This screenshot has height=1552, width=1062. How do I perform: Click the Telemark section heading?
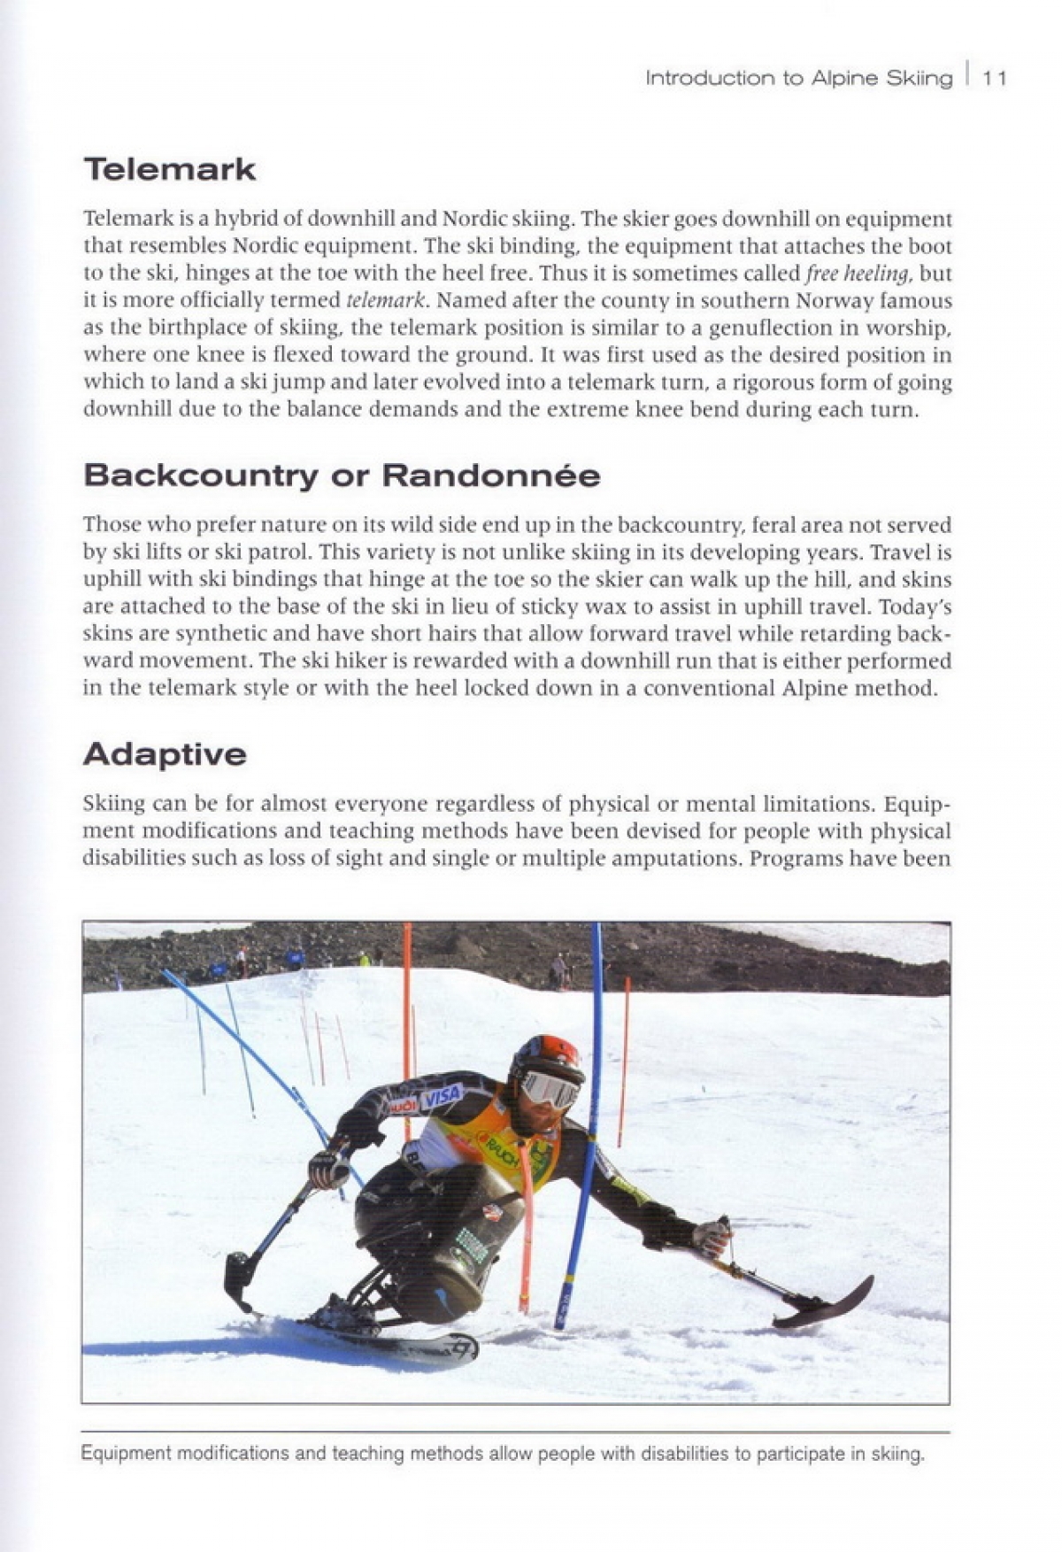tap(169, 169)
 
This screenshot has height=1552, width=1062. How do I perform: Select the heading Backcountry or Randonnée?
tap(342, 475)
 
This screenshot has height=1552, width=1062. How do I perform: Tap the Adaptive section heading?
tap(165, 754)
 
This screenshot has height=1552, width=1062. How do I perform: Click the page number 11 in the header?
tap(995, 78)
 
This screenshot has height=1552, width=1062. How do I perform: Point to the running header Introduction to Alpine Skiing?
tap(798, 78)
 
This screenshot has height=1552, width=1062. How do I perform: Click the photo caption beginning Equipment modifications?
tap(503, 1454)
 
